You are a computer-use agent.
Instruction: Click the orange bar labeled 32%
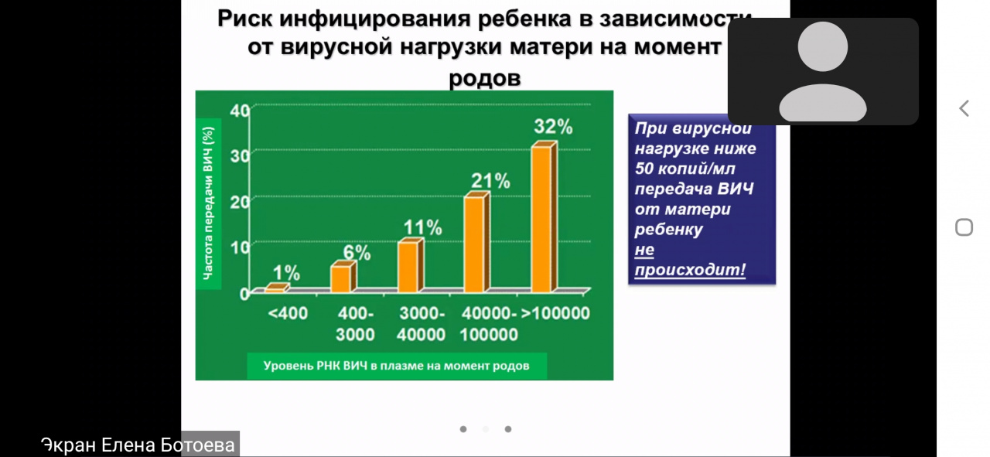(x=544, y=217)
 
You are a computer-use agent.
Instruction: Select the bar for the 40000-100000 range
(x=477, y=242)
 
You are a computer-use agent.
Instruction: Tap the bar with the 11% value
(x=411, y=265)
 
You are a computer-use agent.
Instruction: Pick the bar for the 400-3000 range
(x=343, y=277)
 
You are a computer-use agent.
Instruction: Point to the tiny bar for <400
(x=277, y=288)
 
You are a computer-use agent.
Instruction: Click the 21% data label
(x=490, y=181)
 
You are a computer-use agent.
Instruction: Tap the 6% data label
(x=357, y=252)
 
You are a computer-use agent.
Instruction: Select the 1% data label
(x=286, y=273)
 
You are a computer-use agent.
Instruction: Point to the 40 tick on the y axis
(x=240, y=111)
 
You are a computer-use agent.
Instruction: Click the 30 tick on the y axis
(x=240, y=156)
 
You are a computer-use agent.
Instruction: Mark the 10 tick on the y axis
(x=240, y=247)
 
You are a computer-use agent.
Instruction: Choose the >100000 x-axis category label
(x=555, y=313)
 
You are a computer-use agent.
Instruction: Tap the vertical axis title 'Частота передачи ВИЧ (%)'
(x=208, y=203)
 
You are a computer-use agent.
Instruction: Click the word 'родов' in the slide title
(x=485, y=78)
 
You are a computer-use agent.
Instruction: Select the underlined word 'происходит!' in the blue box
(x=690, y=269)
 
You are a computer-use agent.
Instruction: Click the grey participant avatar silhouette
(x=823, y=71)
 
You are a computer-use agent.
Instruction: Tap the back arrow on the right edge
(x=964, y=108)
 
